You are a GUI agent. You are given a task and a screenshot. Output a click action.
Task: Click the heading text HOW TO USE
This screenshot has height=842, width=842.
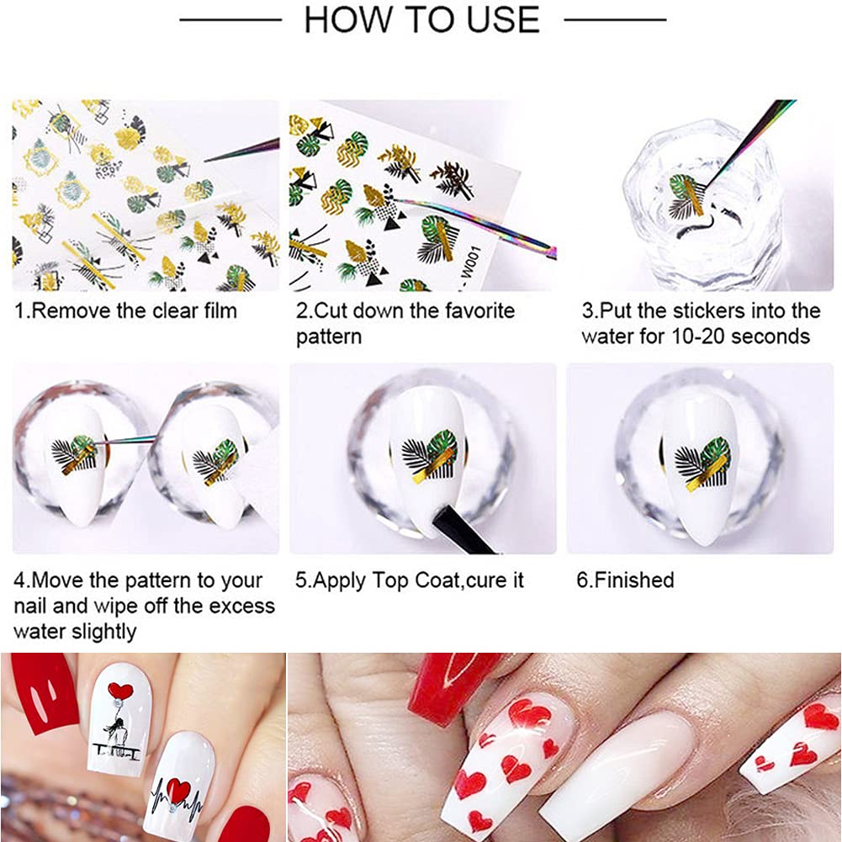(x=421, y=20)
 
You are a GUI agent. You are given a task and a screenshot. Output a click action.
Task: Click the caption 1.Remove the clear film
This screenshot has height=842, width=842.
(x=125, y=310)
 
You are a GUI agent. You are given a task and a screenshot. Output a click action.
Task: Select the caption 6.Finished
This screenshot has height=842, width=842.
(x=625, y=580)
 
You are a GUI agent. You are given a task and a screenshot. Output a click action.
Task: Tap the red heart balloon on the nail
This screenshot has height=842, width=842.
(x=120, y=691)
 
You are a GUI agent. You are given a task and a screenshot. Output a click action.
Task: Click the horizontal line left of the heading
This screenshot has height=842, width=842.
(x=230, y=19)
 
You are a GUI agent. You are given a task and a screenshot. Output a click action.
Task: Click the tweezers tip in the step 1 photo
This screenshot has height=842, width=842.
(x=210, y=157)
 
